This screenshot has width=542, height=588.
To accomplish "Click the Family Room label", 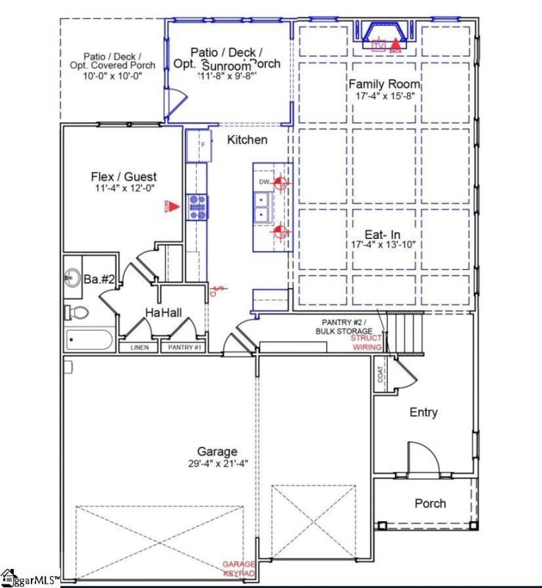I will (x=382, y=84).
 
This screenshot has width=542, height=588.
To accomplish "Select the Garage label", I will (x=217, y=451).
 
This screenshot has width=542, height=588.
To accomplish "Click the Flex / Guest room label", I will (x=123, y=177).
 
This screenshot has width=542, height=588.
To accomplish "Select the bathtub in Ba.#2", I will (x=89, y=340).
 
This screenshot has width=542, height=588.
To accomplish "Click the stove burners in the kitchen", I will (x=197, y=207).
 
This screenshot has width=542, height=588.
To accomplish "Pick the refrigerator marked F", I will (x=199, y=146).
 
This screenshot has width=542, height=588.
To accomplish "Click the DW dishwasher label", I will (x=264, y=182).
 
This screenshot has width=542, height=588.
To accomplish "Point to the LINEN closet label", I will (x=140, y=347).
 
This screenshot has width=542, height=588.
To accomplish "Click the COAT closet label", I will (x=381, y=374).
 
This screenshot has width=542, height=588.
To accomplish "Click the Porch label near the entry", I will (x=430, y=503).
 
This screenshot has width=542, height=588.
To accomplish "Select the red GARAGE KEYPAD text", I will (x=239, y=568).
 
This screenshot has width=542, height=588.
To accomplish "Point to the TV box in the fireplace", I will (x=379, y=46).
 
